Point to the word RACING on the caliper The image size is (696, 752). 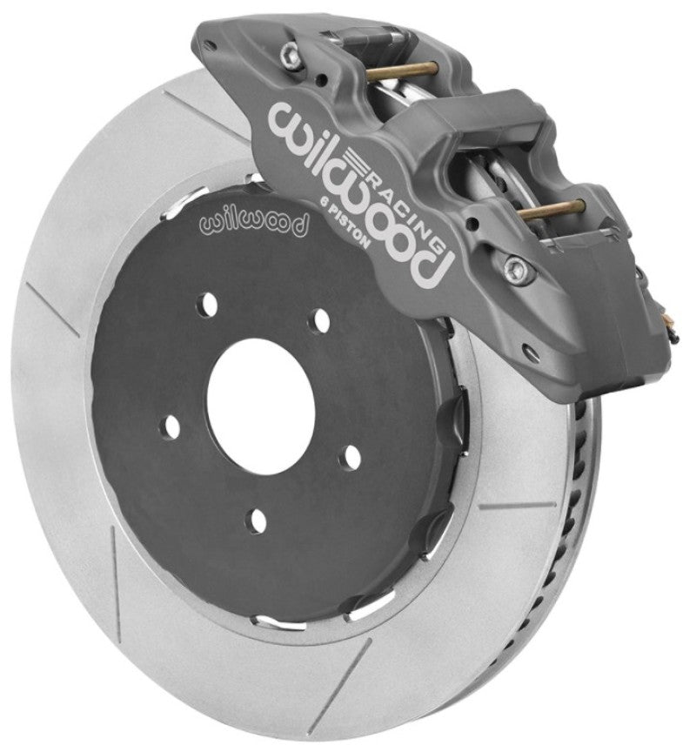(409, 197)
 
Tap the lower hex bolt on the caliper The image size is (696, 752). (519, 266)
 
